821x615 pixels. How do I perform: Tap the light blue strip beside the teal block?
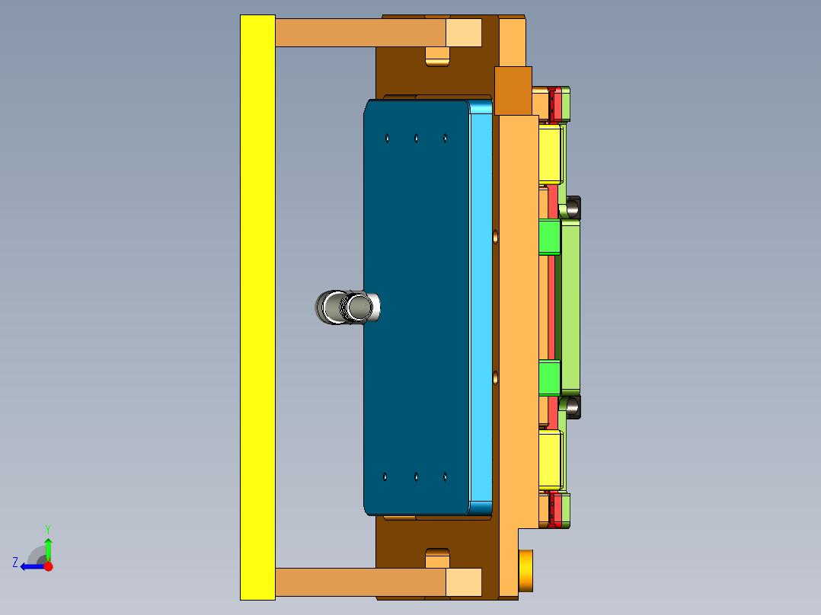point(481,304)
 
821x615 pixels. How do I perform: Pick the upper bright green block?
point(549,237)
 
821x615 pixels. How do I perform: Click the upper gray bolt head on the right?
point(572,207)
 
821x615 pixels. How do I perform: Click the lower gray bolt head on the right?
point(572,406)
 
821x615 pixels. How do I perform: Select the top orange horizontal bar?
point(358,33)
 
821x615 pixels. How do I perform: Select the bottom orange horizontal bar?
point(358,582)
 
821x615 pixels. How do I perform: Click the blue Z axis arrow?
point(30,566)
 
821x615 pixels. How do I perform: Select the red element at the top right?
point(557,104)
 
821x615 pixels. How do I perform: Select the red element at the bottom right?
point(557,510)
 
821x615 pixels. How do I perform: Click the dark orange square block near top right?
point(513,90)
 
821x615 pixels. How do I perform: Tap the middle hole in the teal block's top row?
point(416,138)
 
